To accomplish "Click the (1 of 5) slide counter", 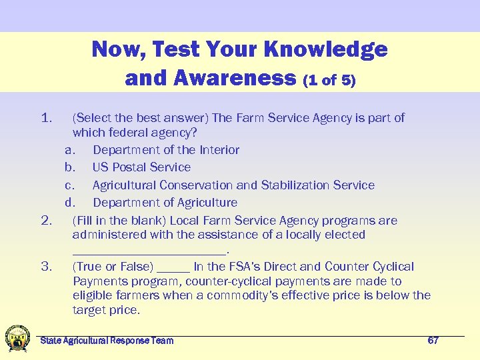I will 329,81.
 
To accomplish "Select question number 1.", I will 47,119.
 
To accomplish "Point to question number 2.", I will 47,221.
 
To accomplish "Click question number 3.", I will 47,267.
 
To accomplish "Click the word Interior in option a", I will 219,150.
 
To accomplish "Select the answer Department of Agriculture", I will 165,203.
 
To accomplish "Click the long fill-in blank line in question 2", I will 149,251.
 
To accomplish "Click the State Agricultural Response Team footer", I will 107,341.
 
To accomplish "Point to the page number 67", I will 433,341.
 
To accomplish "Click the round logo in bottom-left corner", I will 16,339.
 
